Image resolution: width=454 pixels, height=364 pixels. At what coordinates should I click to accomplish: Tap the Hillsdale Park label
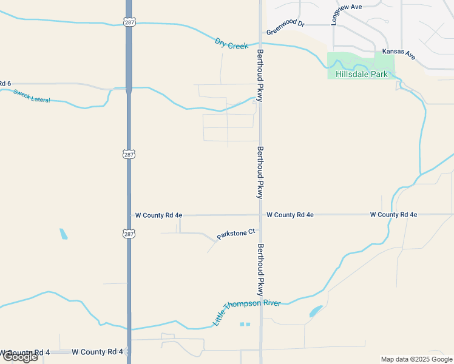pyautogui.click(x=361, y=74)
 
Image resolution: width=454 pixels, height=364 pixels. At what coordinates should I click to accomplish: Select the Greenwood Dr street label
pyautogui.click(x=285, y=27)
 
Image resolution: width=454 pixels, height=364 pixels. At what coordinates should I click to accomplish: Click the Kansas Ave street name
pyautogui.click(x=399, y=54)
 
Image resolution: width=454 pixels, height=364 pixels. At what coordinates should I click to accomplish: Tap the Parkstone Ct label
pyautogui.click(x=235, y=234)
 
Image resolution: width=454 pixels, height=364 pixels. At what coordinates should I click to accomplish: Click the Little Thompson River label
pyautogui.click(x=246, y=310)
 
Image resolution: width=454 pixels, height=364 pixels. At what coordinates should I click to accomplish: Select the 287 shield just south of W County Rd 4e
pyautogui.click(x=128, y=234)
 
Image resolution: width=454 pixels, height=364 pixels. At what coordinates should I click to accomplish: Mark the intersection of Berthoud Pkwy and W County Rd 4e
pyautogui.click(x=260, y=215)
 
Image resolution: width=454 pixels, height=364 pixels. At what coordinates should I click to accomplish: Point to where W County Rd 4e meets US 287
pyautogui.click(x=129, y=215)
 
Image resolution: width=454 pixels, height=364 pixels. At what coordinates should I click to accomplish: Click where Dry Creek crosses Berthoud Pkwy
pyautogui.click(x=260, y=44)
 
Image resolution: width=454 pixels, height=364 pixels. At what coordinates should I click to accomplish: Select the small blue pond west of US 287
pyautogui.click(x=64, y=234)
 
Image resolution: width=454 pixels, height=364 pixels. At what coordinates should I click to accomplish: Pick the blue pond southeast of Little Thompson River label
pyautogui.click(x=316, y=312)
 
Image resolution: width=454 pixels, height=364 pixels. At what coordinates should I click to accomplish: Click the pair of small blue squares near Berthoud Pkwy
pyautogui.click(x=245, y=324)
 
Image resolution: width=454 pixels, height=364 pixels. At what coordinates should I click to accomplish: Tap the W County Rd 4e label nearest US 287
pyautogui.click(x=158, y=215)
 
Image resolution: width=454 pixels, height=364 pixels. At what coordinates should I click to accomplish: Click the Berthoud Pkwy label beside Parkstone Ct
pyautogui.click(x=260, y=270)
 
